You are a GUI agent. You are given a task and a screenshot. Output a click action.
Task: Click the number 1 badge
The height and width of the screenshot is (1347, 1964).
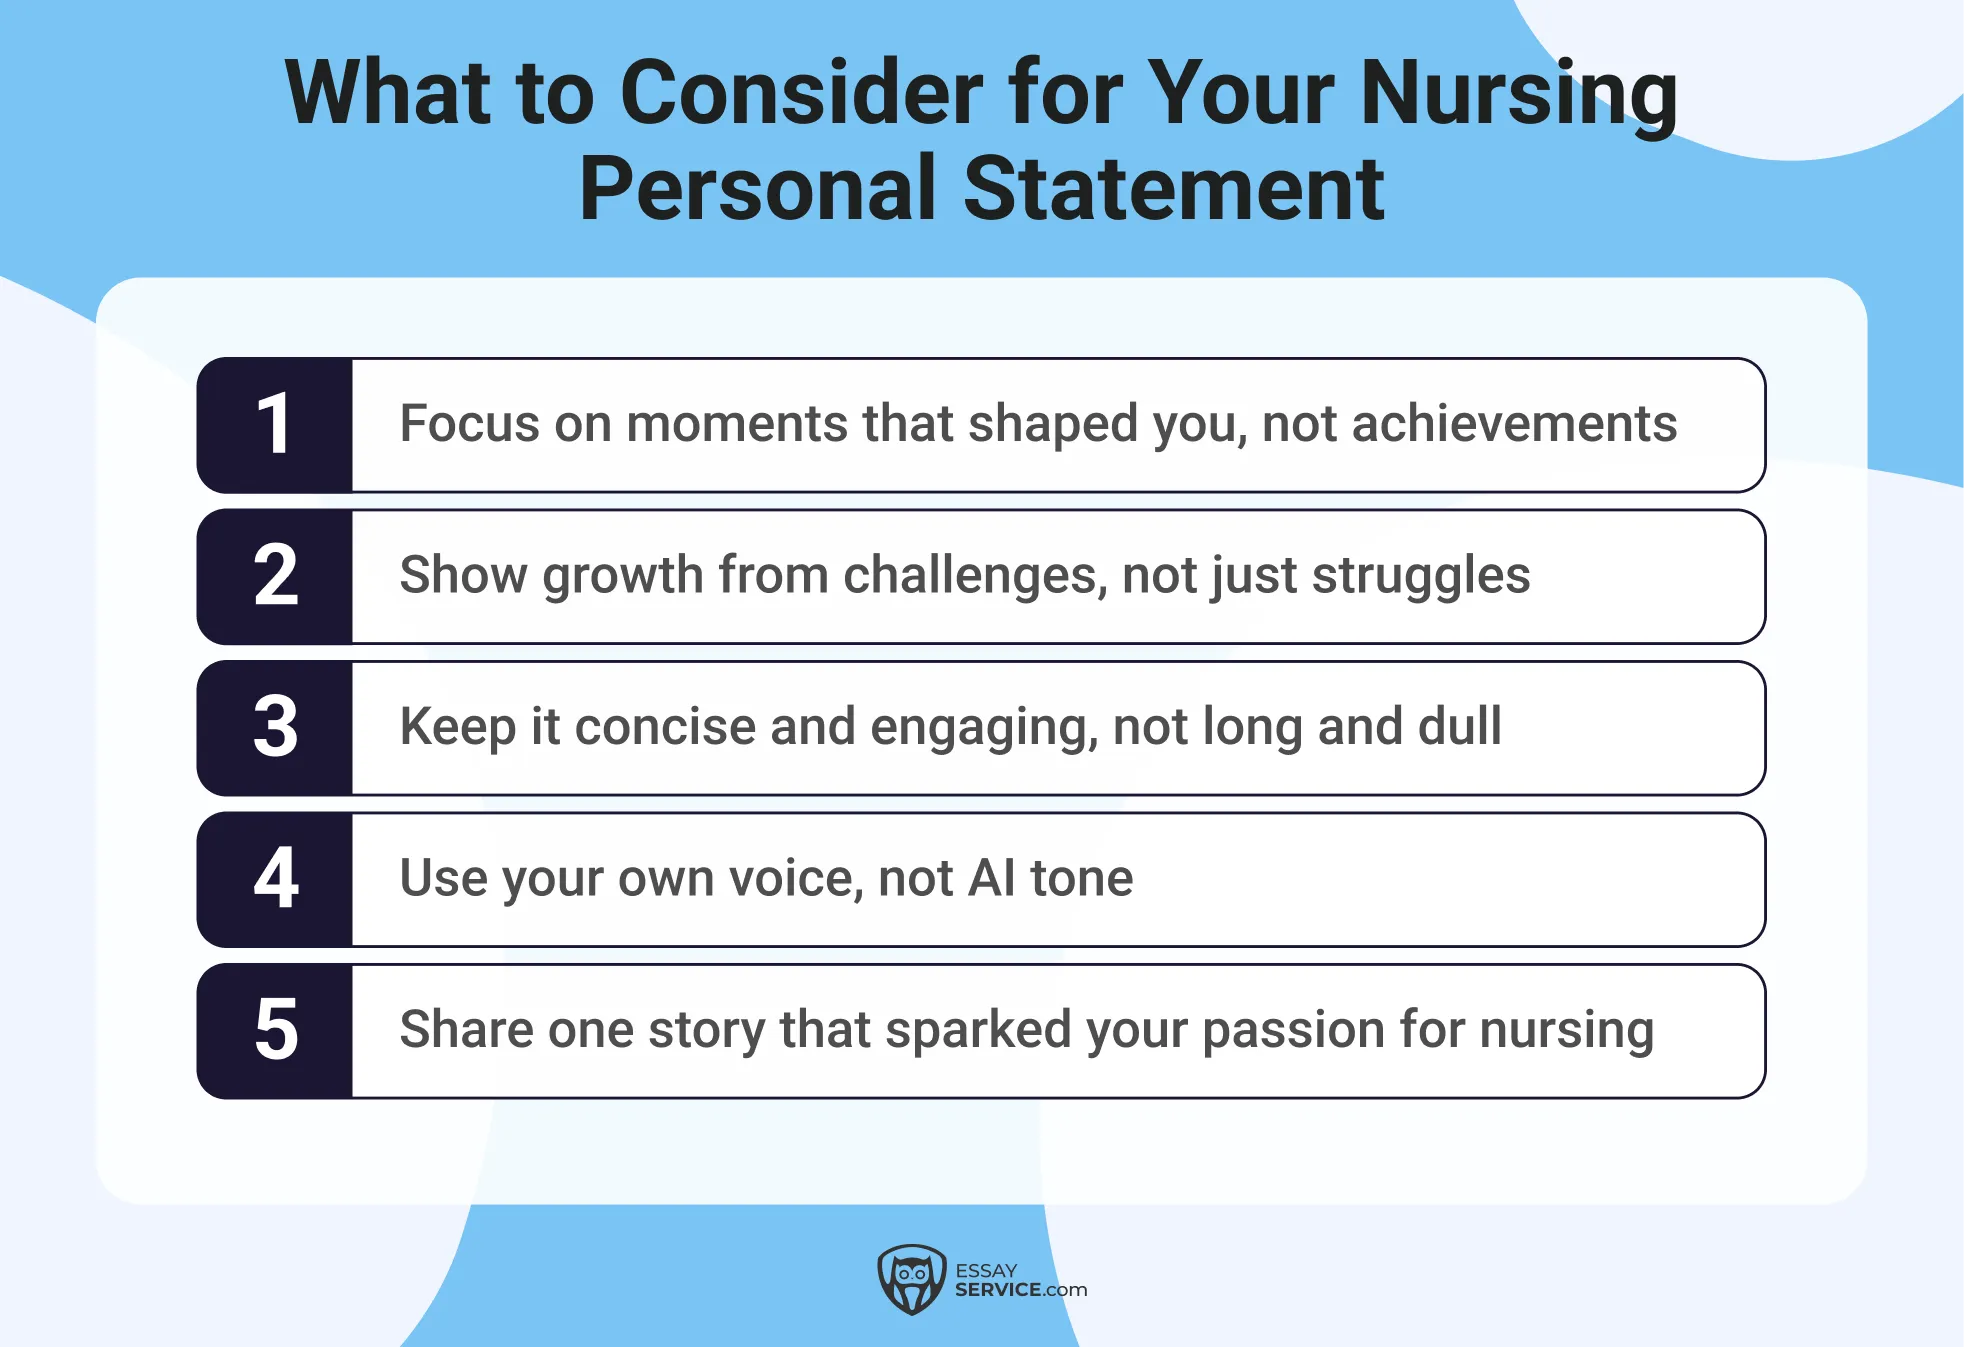(x=275, y=425)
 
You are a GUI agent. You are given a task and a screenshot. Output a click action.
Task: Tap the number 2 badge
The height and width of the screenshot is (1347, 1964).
(x=275, y=576)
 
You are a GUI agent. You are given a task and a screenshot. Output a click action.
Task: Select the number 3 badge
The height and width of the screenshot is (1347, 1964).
(x=275, y=727)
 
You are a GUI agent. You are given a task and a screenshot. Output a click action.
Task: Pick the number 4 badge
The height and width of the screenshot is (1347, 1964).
(x=275, y=879)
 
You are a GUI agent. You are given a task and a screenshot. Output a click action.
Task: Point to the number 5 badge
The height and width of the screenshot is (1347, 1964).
(x=275, y=1030)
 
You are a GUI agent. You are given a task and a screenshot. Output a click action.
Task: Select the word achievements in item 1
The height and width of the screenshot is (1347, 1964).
(x=1514, y=423)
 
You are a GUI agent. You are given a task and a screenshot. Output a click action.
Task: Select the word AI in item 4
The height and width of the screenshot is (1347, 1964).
(x=992, y=878)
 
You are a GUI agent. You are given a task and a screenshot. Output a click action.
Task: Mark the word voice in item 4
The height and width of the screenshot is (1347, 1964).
(x=796, y=878)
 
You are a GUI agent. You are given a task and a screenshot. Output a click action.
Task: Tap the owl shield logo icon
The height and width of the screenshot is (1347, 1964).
(x=911, y=1279)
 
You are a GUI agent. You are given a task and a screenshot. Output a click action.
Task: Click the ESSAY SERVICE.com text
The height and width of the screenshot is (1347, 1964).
(x=1019, y=1280)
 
